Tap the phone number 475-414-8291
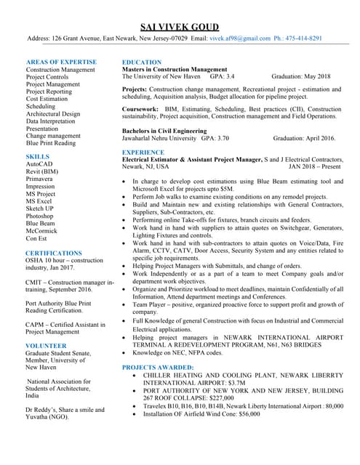(x=306, y=39)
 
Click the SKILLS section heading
(x=38, y=156)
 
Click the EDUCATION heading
(x=142, y=62)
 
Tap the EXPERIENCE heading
(x=143, y=152)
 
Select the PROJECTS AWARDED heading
(x=158, y=368)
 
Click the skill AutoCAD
(x=39, y=164)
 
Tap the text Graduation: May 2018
(x=300, y=76)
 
